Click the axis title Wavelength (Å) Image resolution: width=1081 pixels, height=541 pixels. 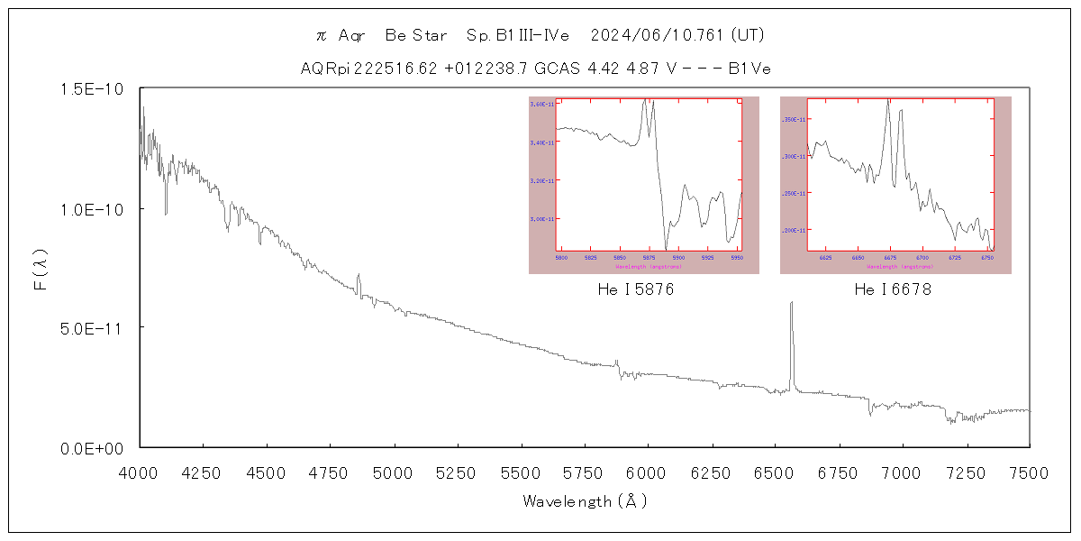(585, 501)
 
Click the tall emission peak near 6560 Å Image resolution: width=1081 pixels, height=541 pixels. (791, 304)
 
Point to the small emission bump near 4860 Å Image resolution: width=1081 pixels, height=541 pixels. (359, 276)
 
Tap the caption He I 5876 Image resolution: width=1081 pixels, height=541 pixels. (636, 290)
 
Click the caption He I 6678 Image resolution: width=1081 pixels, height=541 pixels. (893, 290)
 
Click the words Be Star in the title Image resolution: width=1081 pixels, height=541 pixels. (415, 35)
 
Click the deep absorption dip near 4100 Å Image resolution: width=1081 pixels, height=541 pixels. (166, 213)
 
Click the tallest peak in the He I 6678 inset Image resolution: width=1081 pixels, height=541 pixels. (888, 101)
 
